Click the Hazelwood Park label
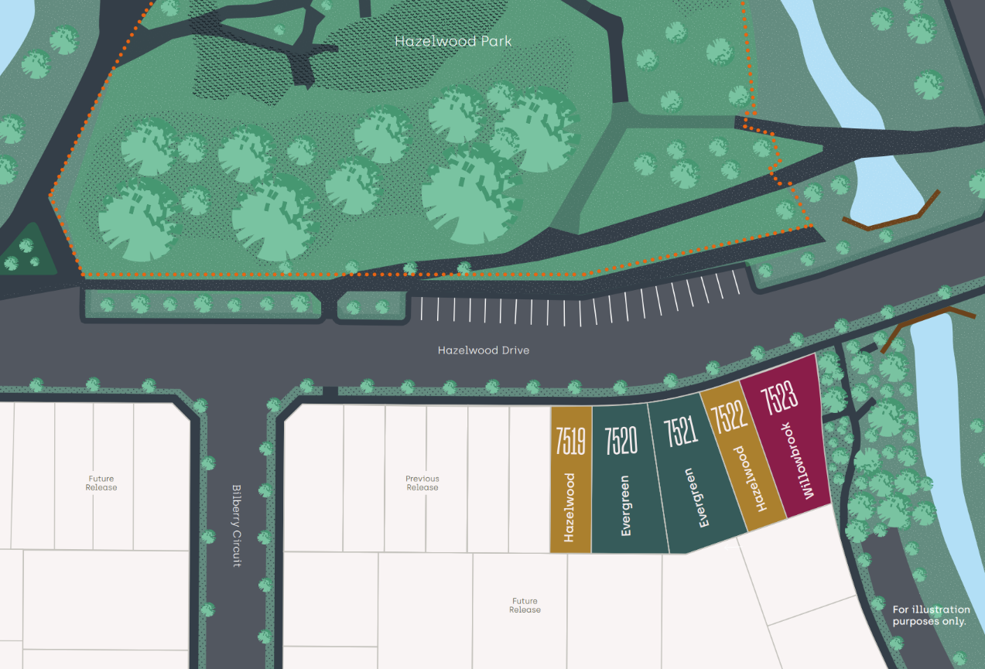pyautogui.click(x=453, y=42)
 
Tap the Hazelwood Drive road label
pyautogui.click(x=484, y=350)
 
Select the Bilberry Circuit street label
pyautogui.click(x=238, y=526)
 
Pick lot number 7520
pyautogui.click(x=621, y=439)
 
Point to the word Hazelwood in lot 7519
pyautogui.click(x=569, y=507)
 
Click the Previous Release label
pyautogui.click(x=422, y=483)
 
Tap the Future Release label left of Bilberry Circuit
pyautogui.click(x=101, y=483)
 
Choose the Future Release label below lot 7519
pyautogui.click(x=525, y=606)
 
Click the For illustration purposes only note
pyautogui.click(x=931, y=616)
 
